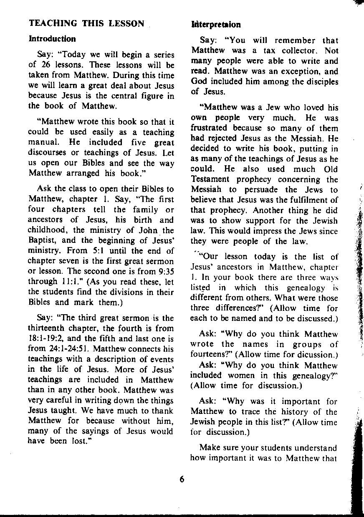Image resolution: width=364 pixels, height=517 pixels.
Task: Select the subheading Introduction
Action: click(x=52, y=39)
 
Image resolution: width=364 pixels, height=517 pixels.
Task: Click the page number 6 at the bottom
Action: click(x=182, y=479)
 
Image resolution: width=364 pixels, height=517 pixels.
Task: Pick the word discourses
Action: click(x=48, y=153)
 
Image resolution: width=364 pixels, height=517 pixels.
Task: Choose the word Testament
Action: click(x=211, y=179)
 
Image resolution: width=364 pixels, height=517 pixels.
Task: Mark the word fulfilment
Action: click(x=311, y=200)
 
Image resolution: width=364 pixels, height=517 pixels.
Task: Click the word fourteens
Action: click(x=209, y=355)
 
